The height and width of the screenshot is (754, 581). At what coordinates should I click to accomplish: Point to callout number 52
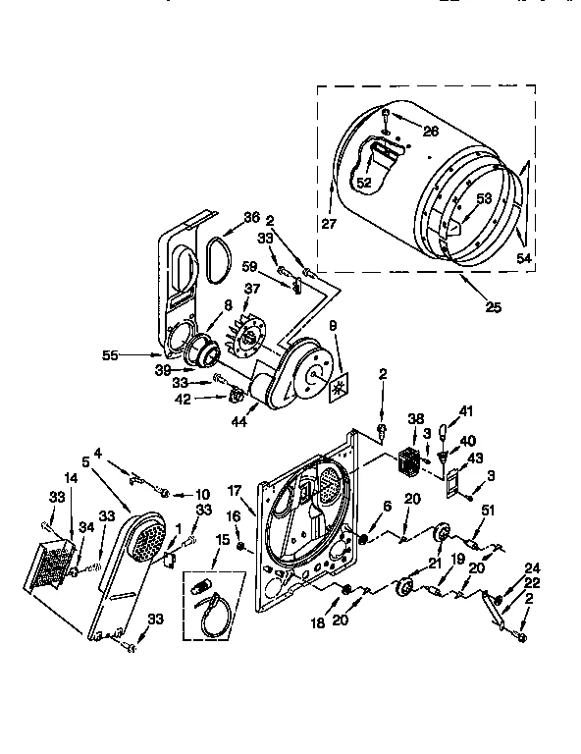click(x=363, y=182)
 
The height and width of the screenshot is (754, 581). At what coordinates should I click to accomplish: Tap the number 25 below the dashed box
click(x=493, y=307)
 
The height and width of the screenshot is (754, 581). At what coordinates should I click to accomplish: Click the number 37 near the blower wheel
click(x=252, y=288)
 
